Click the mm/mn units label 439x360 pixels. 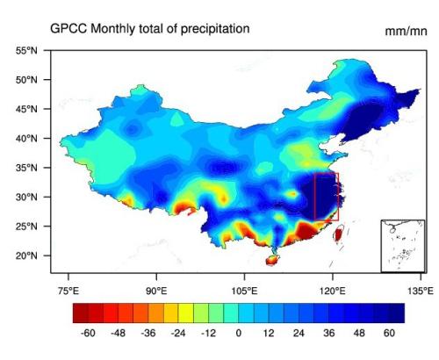click(x=406, y=32)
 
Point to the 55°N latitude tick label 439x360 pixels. click(x=25, y=51)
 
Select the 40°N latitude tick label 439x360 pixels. click(x=25, y=139)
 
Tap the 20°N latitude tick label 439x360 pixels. click(x=25, y=256)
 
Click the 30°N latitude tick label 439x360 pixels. click(x=25, y=197)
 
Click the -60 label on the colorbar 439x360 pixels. click(x=88, y=334)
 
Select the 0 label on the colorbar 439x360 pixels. click(x=238, y=334)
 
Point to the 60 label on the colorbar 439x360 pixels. click(x=389, y=334)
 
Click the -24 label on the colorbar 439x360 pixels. click(x=178, y=334)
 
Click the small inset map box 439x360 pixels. click(x=402, y=246)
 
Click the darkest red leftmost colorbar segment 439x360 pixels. click(x=80, y=312)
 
